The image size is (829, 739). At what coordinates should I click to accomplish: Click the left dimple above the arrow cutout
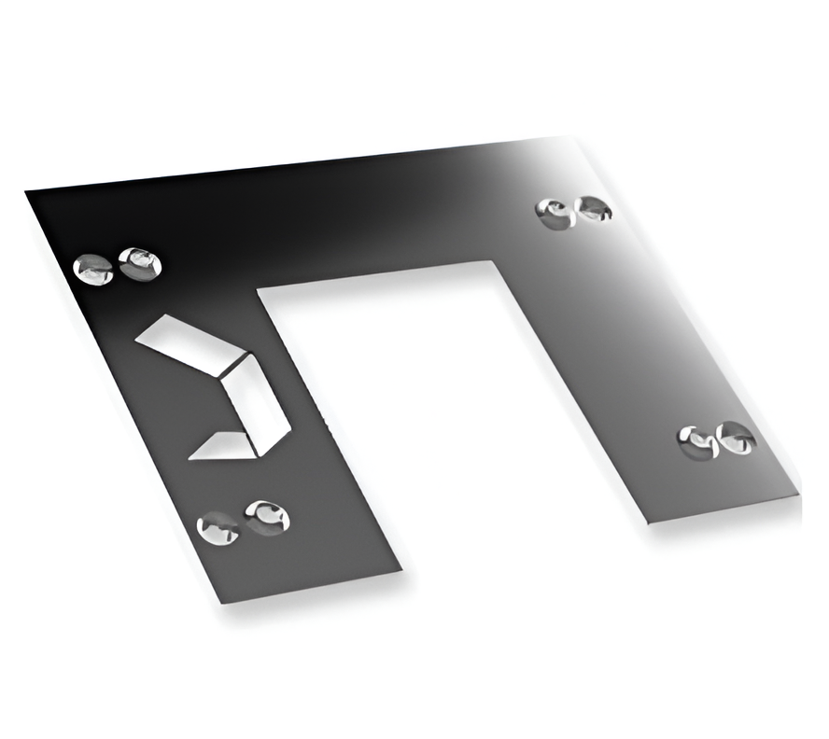pos(93,270)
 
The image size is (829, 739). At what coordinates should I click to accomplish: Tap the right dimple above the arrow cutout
pos(140,263)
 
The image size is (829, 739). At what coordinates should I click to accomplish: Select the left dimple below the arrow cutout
pos(218,529)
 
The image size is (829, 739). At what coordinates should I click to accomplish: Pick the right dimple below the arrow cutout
pos(267,517)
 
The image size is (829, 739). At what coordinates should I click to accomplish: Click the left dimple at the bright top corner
pos(555,214)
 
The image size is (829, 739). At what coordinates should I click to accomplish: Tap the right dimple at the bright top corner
pos(593,209)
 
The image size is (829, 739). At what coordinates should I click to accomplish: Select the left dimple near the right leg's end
pos(699,441)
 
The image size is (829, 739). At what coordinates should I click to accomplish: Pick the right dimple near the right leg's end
pos(738,438)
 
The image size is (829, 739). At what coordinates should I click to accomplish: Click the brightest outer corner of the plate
pos(576,137)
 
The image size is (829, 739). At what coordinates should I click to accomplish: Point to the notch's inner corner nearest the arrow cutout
pos(259,290)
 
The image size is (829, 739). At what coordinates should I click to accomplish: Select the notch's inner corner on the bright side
pos(492,262)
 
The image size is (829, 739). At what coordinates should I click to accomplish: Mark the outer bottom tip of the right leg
pos(800,495)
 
